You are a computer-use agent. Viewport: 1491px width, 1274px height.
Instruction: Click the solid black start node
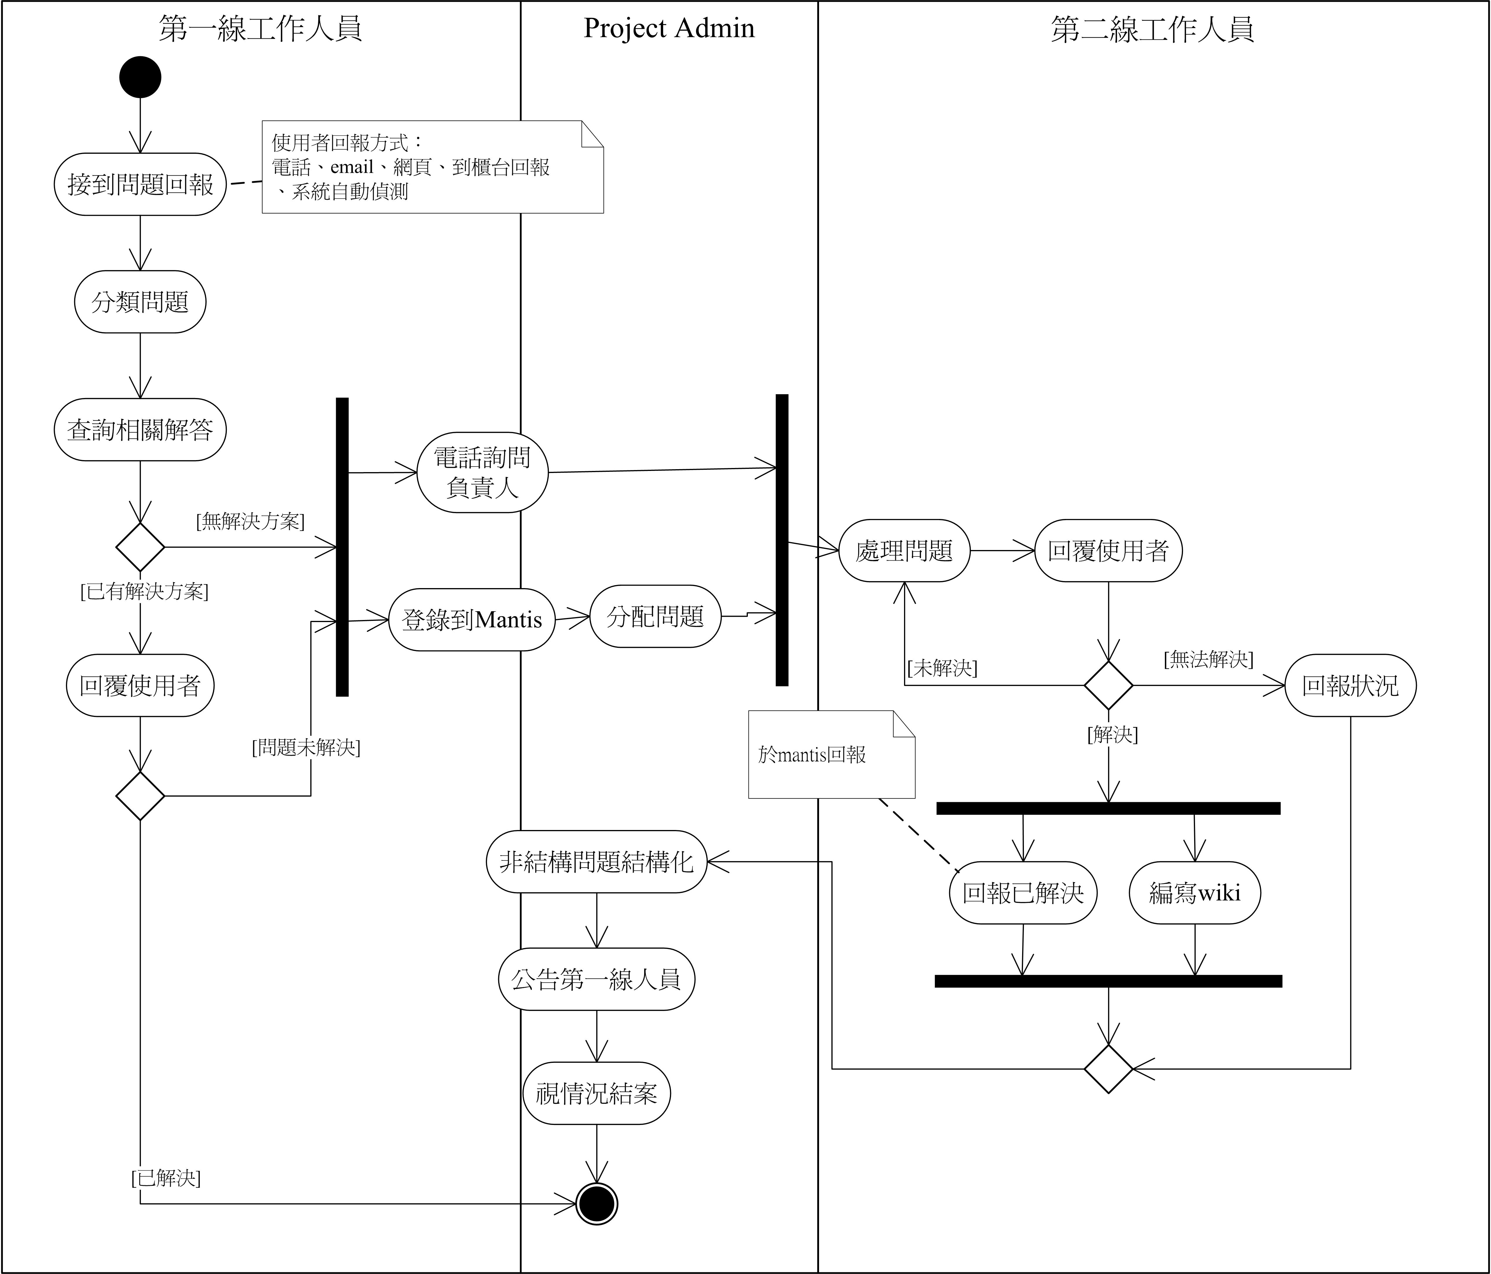(140, 77)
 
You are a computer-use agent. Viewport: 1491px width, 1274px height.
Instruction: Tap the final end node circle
(597, 1203)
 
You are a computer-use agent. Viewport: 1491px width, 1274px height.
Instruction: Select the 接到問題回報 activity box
(140, 184)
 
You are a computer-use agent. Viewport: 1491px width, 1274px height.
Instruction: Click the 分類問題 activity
(140, 301)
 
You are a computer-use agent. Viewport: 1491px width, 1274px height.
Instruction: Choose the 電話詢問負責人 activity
(482, 473)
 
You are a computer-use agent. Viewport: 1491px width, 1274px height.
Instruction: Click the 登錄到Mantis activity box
(471, 619)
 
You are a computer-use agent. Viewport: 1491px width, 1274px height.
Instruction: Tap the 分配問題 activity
(655, 616)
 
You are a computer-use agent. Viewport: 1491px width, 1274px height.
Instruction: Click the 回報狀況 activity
(1350, 686)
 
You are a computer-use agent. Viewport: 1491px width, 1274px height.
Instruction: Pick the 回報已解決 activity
(1022, 893)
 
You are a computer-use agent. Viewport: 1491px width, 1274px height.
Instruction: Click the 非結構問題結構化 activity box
(597, 862)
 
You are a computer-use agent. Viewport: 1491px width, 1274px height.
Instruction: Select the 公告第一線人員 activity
(597, 979)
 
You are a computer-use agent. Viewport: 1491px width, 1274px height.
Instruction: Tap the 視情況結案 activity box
(597, 1093)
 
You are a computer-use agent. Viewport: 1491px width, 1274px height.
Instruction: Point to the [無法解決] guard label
(1208, 659)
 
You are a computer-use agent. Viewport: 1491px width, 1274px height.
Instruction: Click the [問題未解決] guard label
(306, 747)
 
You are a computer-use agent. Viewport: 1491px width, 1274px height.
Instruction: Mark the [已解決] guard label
(166, 1178)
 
